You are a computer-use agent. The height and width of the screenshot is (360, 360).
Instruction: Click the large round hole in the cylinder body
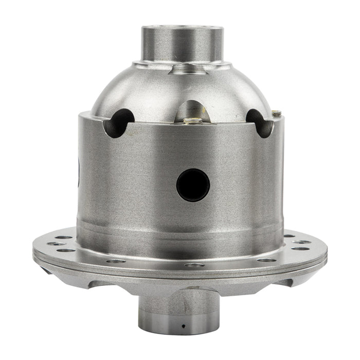tap(193, 185)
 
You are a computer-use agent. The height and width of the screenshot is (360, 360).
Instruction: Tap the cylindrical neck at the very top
tap(183, 44)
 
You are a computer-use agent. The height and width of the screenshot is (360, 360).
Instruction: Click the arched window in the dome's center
tap(192, 111)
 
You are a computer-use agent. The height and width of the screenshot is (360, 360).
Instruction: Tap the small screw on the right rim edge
tap(277, 113)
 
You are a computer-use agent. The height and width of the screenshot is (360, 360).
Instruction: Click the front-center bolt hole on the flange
tap(194, 265)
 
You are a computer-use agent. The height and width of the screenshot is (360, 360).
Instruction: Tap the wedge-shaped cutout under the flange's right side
tap(285, 281)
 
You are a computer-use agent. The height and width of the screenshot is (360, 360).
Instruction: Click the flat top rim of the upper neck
tap(183, 27)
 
